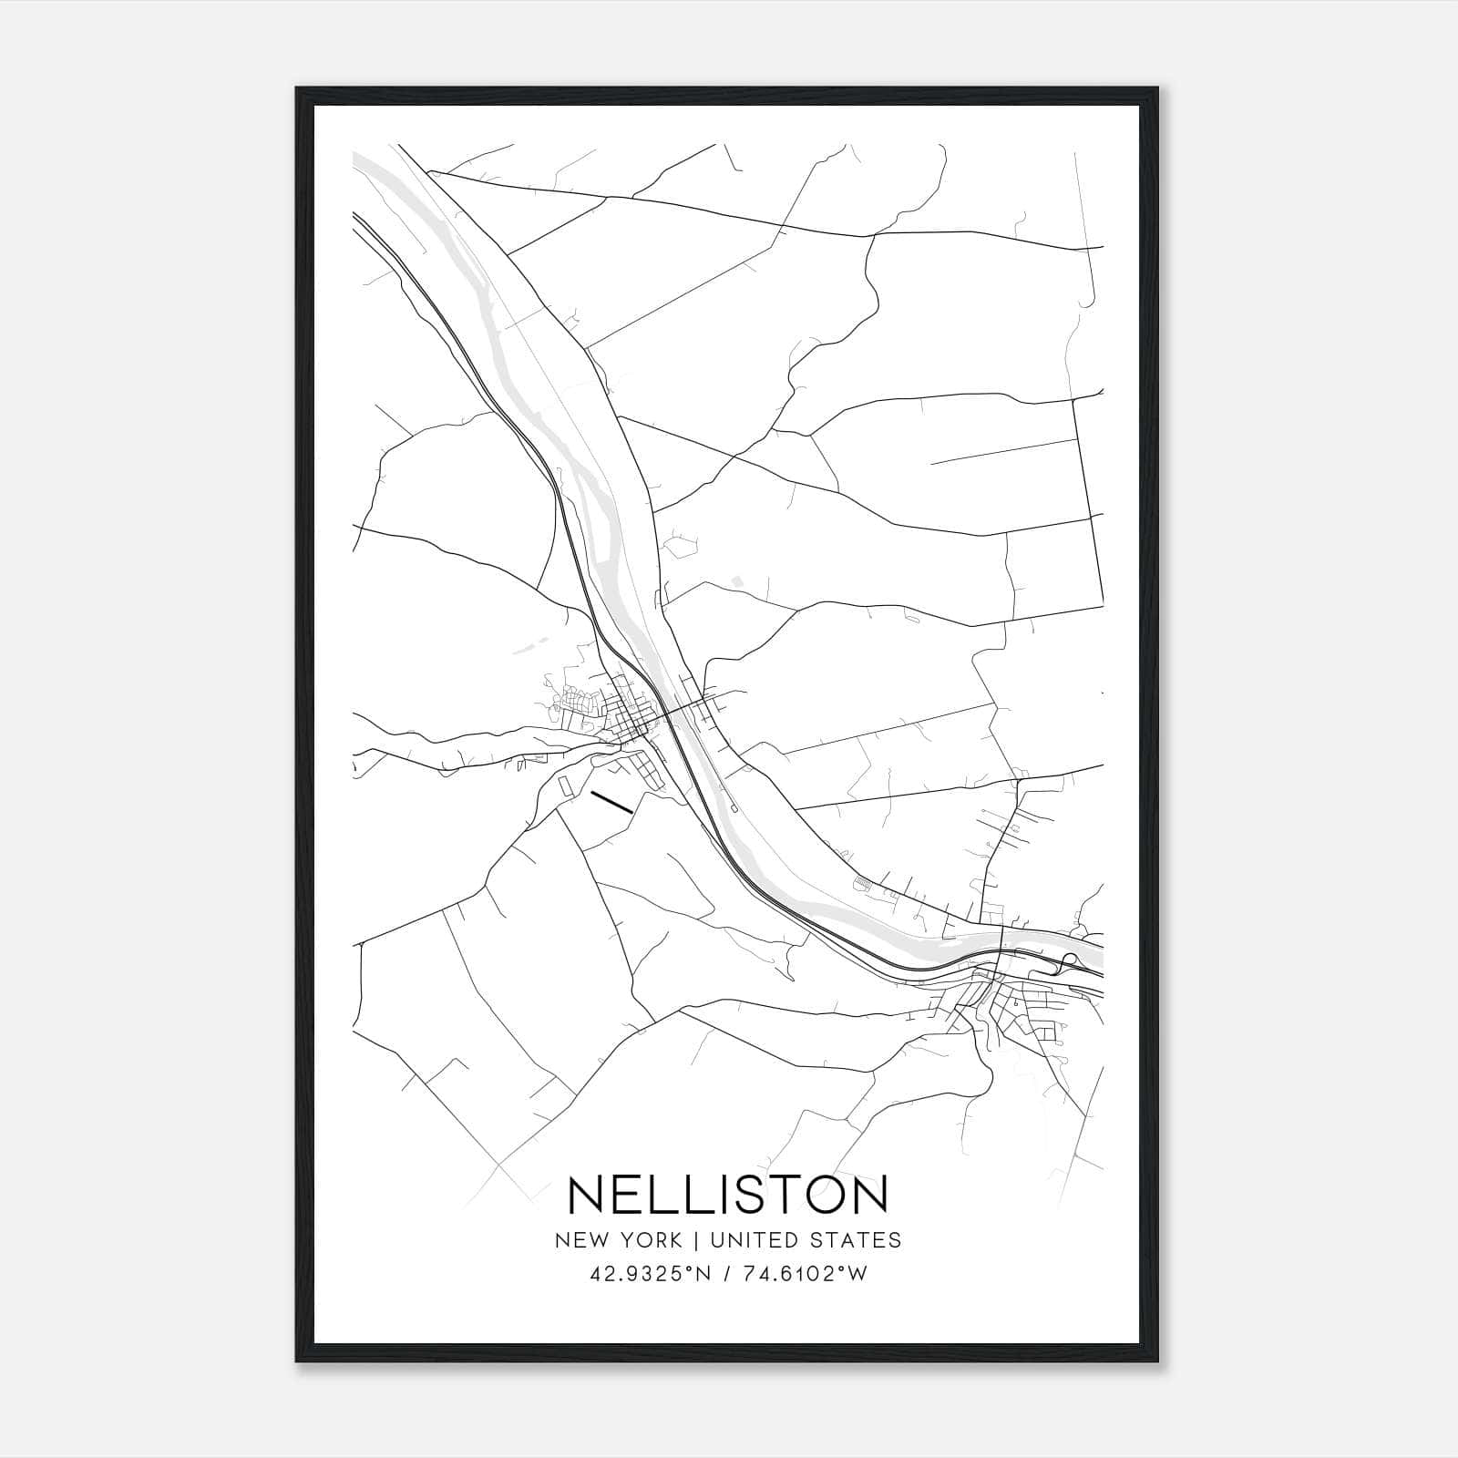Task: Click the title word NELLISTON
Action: (727, 1196)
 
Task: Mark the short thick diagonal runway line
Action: (611, 801)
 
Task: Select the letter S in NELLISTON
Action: (733, 1196)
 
